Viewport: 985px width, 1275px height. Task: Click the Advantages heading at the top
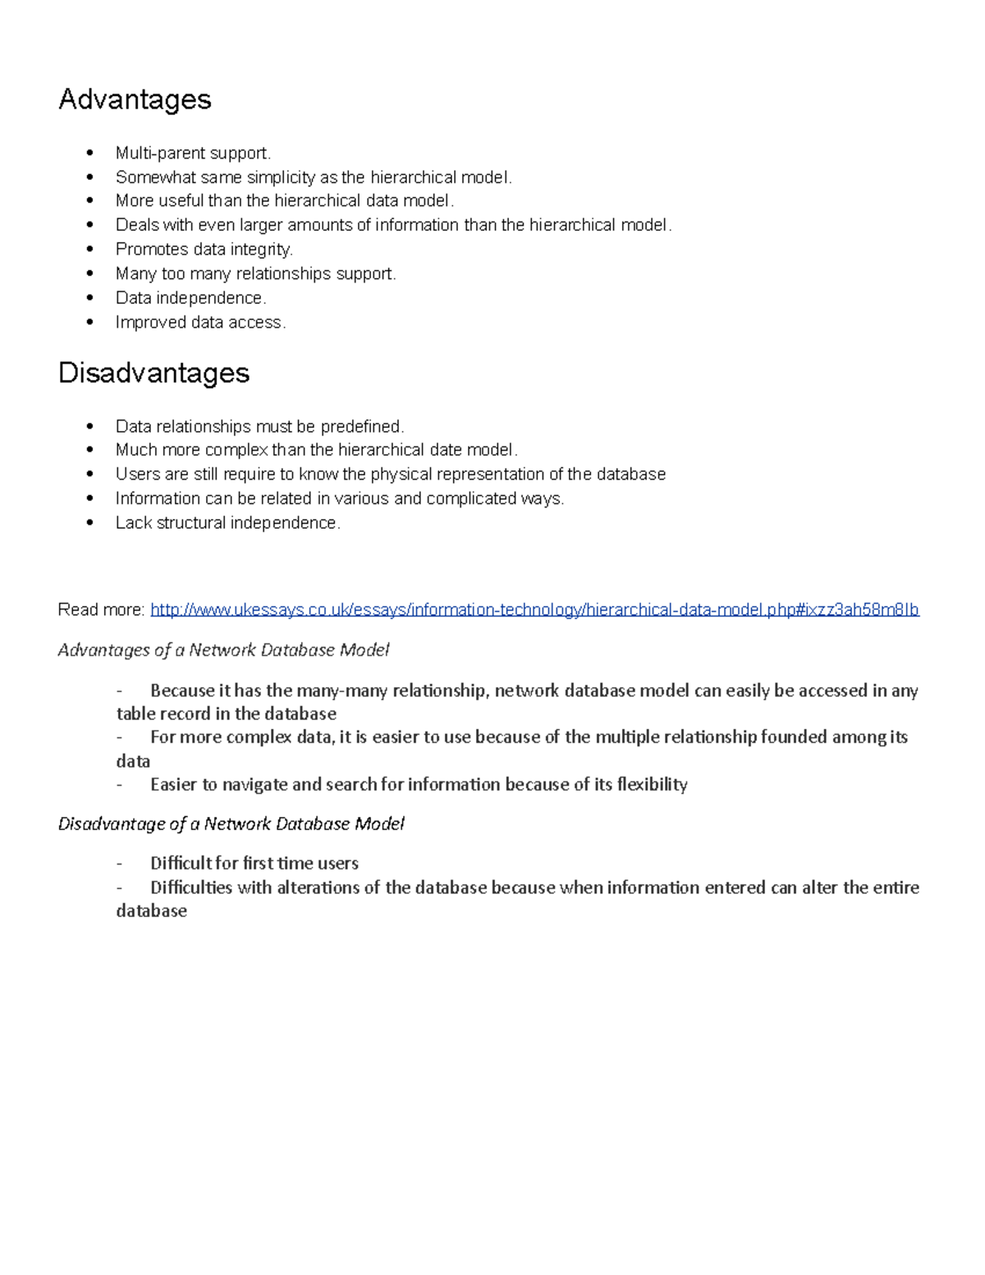coord(135,99)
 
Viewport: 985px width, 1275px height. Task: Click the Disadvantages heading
coord(153,373)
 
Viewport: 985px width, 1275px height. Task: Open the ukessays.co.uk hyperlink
coord(534,609)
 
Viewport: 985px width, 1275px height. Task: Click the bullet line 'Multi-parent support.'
coord(193,153)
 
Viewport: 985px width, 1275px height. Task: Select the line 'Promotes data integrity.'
coord(204,249)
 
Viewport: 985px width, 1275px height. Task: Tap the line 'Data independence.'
coord(190,297)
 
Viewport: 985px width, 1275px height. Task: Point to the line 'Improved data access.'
coord(200,322)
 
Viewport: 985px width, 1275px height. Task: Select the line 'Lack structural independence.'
coord(227,522)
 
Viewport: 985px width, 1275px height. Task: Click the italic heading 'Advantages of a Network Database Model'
coord(223,650)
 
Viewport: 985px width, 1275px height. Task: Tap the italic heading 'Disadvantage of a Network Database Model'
coord(231,823)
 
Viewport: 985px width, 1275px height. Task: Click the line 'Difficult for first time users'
coord(254,863)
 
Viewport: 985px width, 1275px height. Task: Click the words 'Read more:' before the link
coord(101,609)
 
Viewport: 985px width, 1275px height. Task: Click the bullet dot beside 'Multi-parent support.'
coord(91,153)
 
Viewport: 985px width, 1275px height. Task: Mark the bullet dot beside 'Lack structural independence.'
coord(91,522)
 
